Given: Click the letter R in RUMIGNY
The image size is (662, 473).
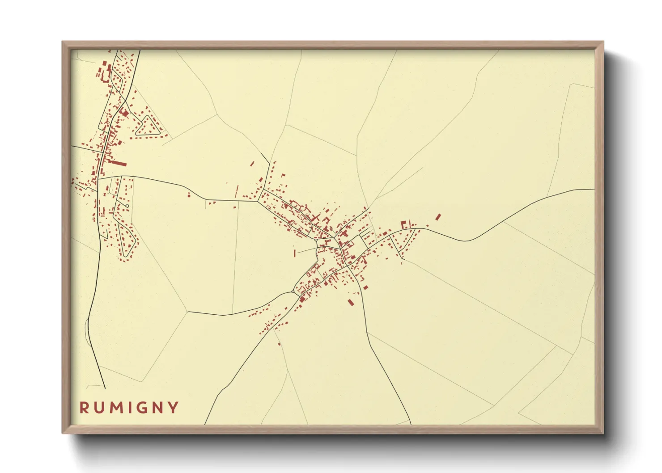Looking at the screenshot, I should click(84, 408).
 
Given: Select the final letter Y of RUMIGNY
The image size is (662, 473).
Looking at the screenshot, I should click(174, 408).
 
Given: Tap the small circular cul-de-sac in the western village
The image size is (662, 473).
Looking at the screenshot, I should click(127, 206).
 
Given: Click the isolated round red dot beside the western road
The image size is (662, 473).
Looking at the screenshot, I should click(189, 195).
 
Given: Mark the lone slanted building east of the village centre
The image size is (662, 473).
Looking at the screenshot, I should click(438, 217).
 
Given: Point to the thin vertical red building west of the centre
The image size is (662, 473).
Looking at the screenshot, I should click(295, 253).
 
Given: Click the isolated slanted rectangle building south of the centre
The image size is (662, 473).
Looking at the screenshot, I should click(351, 303).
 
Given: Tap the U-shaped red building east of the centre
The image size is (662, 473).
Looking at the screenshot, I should click(403, 224).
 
